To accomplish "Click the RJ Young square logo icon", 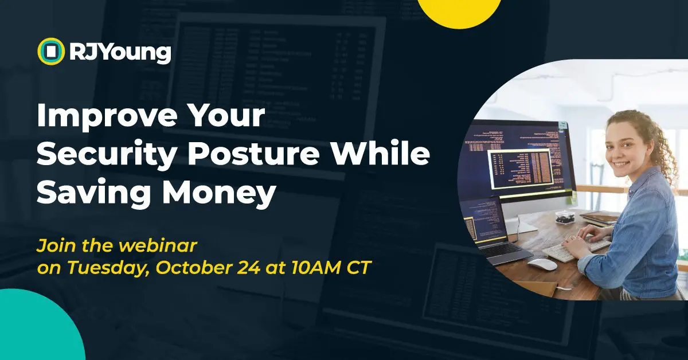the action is (51, 51).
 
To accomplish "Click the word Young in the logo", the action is (135, 53).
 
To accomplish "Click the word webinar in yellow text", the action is (158, 245).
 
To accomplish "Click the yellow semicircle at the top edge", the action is (459, 12).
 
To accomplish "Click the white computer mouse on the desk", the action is (542, 264).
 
